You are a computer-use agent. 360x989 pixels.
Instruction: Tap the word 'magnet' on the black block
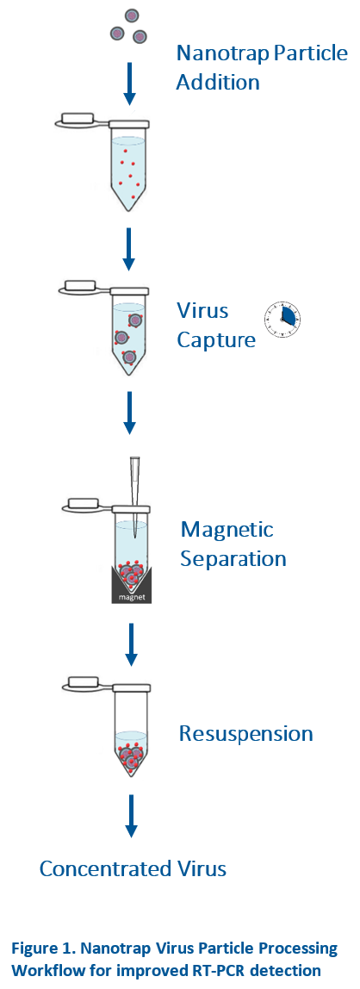(131, 594)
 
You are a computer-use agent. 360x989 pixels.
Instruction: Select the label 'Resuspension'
(245, 733)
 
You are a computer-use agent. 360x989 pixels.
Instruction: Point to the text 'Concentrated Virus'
(133, 869)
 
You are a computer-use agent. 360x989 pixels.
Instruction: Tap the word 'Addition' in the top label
(218, 82)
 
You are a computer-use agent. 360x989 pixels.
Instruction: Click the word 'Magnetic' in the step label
(227, 530)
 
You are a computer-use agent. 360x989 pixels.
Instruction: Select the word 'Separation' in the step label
(233, 559)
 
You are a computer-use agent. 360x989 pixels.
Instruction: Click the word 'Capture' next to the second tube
(216, 340)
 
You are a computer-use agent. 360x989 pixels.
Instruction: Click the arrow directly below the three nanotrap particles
(129, 82)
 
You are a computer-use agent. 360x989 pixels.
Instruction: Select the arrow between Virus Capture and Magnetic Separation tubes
(130, 414)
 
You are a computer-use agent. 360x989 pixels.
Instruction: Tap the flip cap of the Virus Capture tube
(81, 288)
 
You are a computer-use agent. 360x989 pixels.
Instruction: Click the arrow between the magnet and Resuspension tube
(131, 645)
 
